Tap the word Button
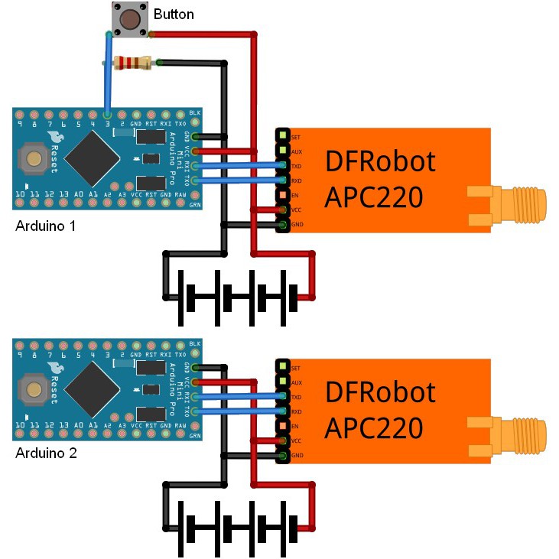pyautogui.click(x=174, y=15)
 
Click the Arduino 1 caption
pyautogui.click(x=47, y=227)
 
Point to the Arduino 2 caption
pyautogui.click(x=47, y=453)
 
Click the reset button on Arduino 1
pyautogui.click(x=34, y=159)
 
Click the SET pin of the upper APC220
pyautogui.click(x=283, y=136)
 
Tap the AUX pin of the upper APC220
pyautogui.click(x=283, y=151)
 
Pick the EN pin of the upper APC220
pyautogui.click(x=283, y=195)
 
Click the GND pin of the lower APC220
pyautogui.click(x=283, y=456)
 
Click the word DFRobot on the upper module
pyautogui.click(x=380, y=162)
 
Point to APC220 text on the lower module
pyautogui.click(x=374, y=428)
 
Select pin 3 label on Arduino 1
pyautogui.click(x=108, y=123)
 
